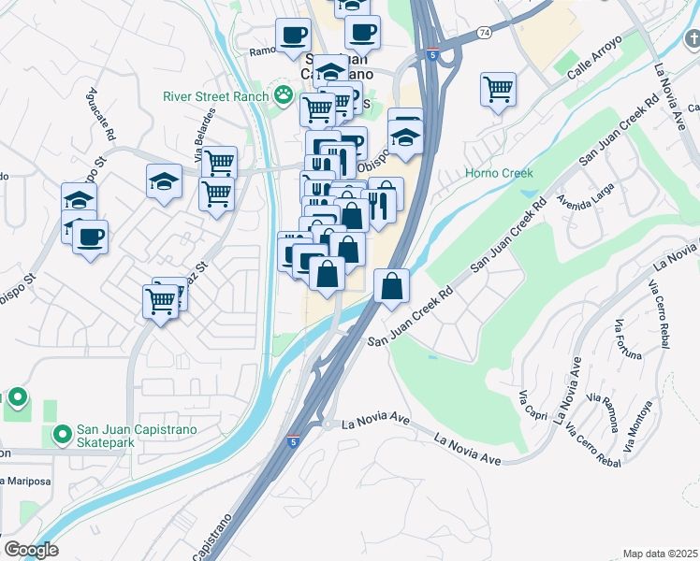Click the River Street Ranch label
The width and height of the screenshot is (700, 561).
point(214,95)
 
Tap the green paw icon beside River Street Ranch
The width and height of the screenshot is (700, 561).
point(282,94)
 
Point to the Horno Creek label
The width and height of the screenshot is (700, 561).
point(499,173)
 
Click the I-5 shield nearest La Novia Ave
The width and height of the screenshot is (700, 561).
point(294,439)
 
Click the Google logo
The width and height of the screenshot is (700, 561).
point(31,550)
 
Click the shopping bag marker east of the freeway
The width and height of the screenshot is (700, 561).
point(392,286)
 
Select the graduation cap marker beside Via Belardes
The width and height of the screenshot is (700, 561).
point(164,181)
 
